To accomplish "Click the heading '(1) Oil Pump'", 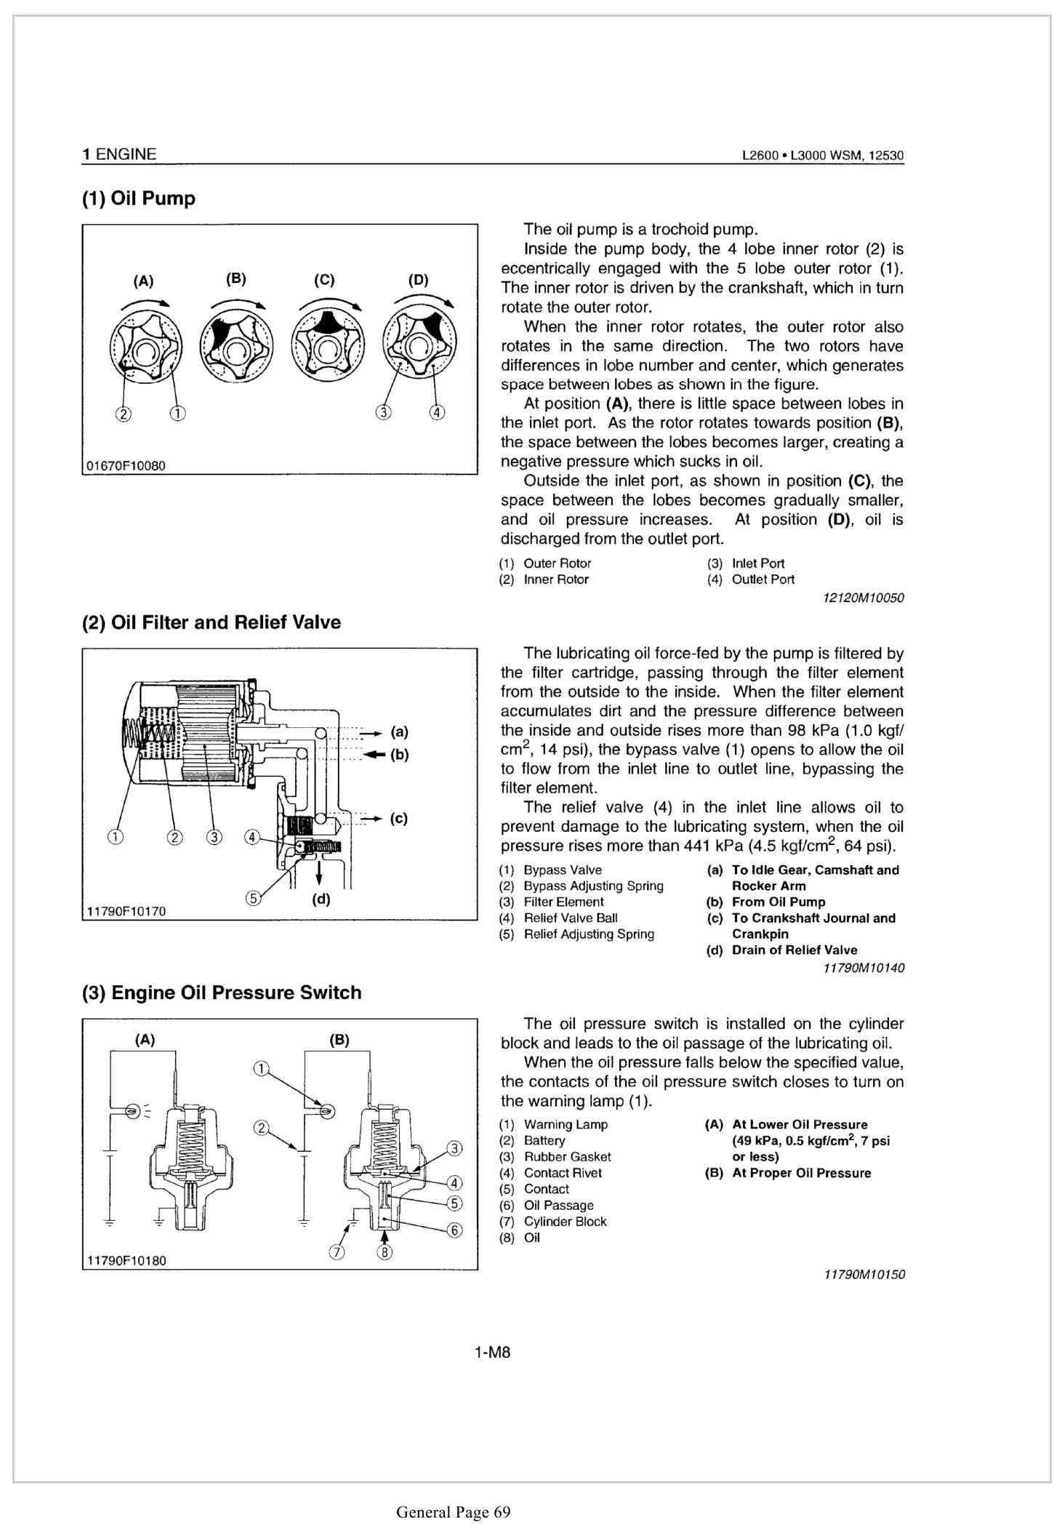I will tap(138, 199).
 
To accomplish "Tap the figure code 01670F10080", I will tap(126, 465).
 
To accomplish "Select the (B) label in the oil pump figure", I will tap(236, 278).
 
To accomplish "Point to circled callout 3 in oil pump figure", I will tap(383, 413).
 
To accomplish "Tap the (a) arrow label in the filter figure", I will tap(399, 732).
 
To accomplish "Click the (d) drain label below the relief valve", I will tap(321, 899).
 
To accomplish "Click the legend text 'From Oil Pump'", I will tap(779, 902).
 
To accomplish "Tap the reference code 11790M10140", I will tap(864, 968).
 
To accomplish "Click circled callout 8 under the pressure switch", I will tap(386, 1252).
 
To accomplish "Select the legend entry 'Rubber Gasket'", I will tap(567, 1157).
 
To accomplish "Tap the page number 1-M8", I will tap(492, 1352).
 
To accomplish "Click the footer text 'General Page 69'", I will tap(453, 1512).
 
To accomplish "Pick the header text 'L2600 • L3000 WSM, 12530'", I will tap(822, 155).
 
